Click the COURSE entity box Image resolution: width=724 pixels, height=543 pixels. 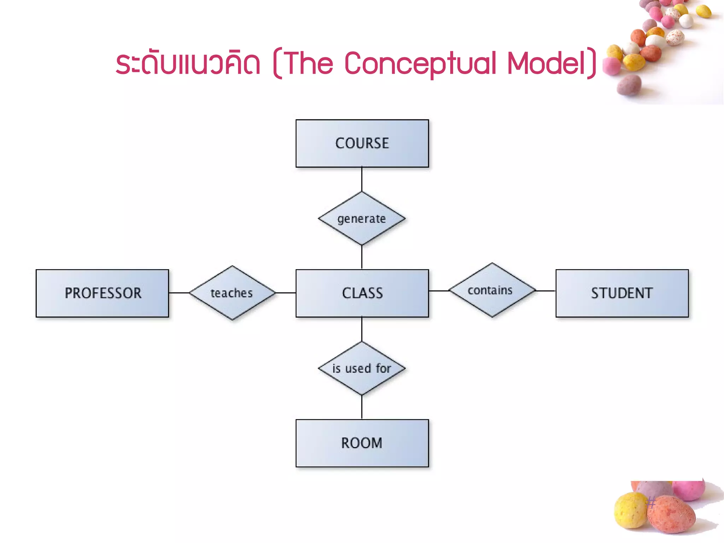coord(362,143)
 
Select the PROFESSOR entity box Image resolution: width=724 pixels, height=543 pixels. coord(102,293)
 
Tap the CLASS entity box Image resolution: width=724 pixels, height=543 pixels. coord(362,293)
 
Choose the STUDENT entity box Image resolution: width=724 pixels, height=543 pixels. coord(622,293)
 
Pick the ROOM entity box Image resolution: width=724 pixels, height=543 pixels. coord(362,443)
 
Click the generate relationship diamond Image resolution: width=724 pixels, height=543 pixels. coord(362,219)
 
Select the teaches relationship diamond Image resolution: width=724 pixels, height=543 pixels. coord(232,293)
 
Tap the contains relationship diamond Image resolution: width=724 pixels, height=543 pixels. coord(492,290)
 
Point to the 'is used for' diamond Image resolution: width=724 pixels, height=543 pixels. coord(362,368)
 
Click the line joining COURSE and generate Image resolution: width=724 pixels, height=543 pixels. coord(362,179)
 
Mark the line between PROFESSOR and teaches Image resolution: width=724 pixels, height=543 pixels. coord(179,293)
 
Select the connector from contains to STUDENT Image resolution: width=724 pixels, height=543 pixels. coord(545,291)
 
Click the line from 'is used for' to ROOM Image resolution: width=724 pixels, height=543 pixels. coord(362,407)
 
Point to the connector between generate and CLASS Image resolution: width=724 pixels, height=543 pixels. coord(362,257)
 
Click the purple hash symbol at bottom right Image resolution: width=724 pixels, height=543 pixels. coord(651,502)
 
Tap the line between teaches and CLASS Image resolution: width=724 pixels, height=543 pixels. coord(286,293)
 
